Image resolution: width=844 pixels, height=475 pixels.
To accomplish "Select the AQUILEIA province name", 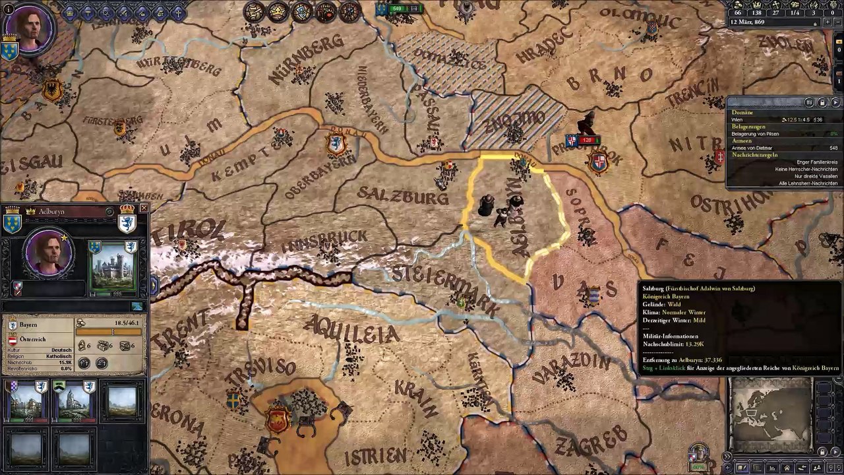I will [352, 330].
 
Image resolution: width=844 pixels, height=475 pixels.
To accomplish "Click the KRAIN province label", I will [416, 396].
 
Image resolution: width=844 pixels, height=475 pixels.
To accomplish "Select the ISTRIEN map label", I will [375, 455].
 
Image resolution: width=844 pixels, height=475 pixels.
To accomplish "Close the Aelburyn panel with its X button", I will [144, 208].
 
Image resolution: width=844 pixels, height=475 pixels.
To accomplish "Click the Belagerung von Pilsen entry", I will [755, 134].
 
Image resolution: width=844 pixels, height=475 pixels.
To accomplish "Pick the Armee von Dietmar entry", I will [751, 148].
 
